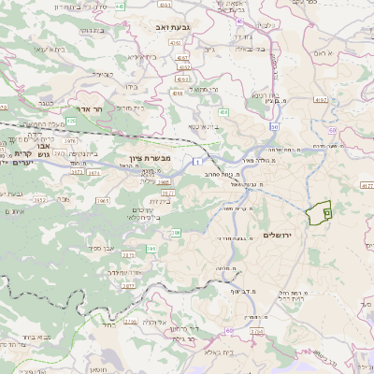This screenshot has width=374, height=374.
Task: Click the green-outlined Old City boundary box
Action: click(x=320, y=211)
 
